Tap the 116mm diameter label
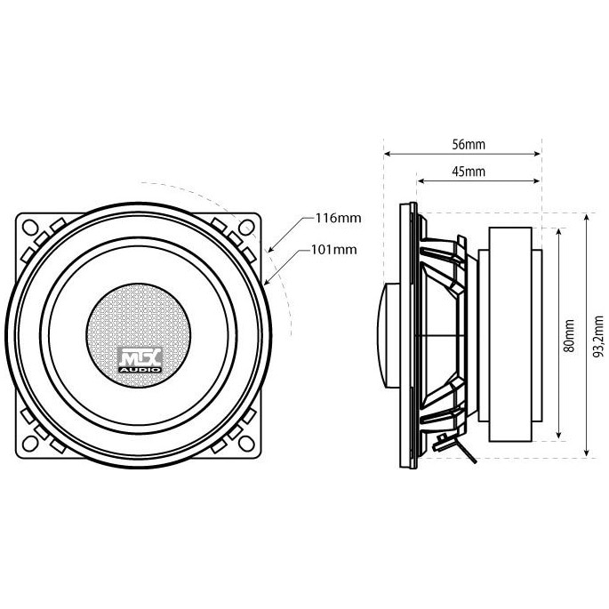338,217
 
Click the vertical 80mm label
569,337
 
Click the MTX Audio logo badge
140,357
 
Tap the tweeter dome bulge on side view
390,335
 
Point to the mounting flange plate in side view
409,335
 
